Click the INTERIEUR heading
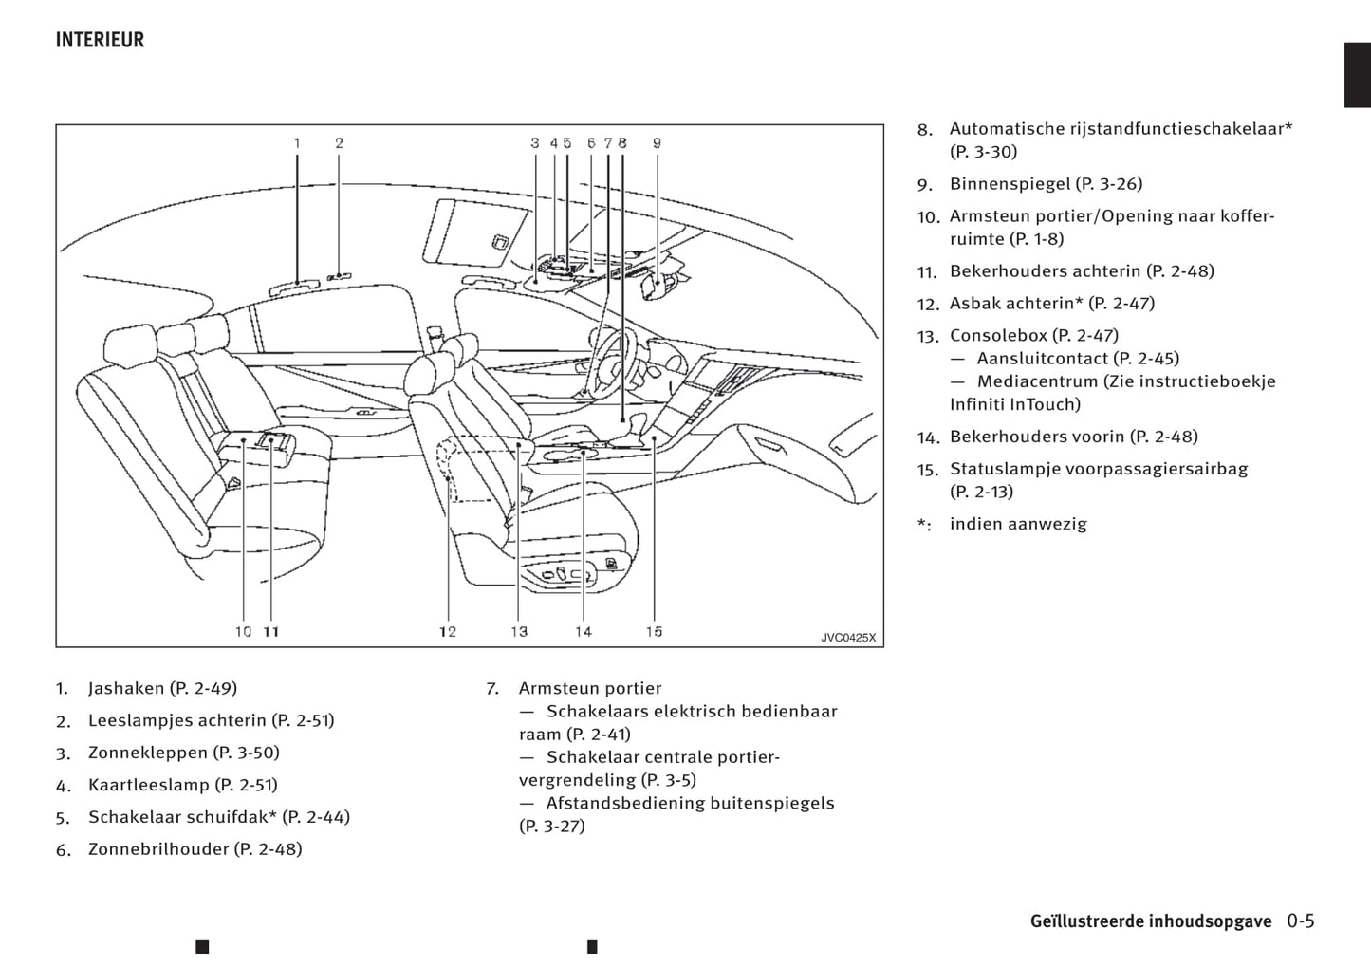pos(100,40)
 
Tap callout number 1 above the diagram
pos(297,143)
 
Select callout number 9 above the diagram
pos(657,143)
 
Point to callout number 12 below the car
pos(448,631)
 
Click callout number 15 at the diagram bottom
pos(654,631)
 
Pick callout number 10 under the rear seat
pos(244,631)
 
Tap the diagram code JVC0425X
pos(848,638)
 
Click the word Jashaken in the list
pos(126,688)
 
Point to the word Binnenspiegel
pos(1010,183)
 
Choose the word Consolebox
pos(998,335)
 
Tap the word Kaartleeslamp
pos(149,785)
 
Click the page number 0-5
pos(1301,921)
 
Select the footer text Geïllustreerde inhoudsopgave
pos(1150,921)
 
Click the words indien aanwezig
pos(1018,524)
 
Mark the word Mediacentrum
pos(1037,381)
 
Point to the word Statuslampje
pos(1004,469)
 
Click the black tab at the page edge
pos(1357,75)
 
